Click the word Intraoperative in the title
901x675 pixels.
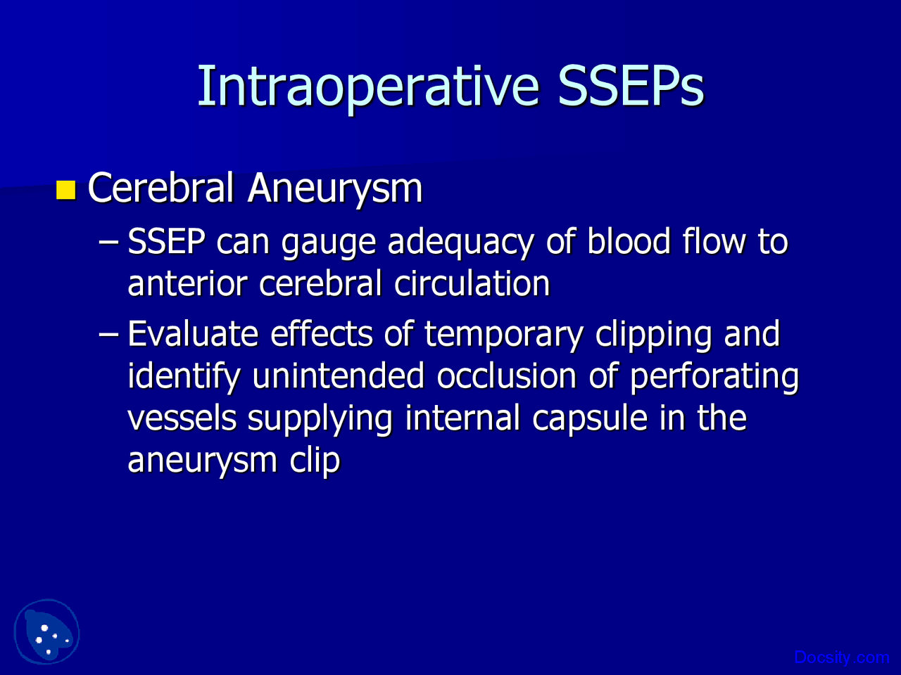point(368,87)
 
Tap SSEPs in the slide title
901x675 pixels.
point(631,86)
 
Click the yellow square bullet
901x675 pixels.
point(65,190)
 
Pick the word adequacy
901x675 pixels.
point(460,242)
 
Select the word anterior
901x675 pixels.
point(187,283)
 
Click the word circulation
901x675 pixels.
point(472,283)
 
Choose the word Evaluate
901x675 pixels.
point(193,333)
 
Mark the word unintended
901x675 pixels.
point(338,375)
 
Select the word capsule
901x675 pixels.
point(589,420)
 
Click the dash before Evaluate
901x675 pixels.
point(109,335)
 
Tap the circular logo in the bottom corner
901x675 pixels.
point(46,631)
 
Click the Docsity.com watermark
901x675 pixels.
point(841,657)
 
